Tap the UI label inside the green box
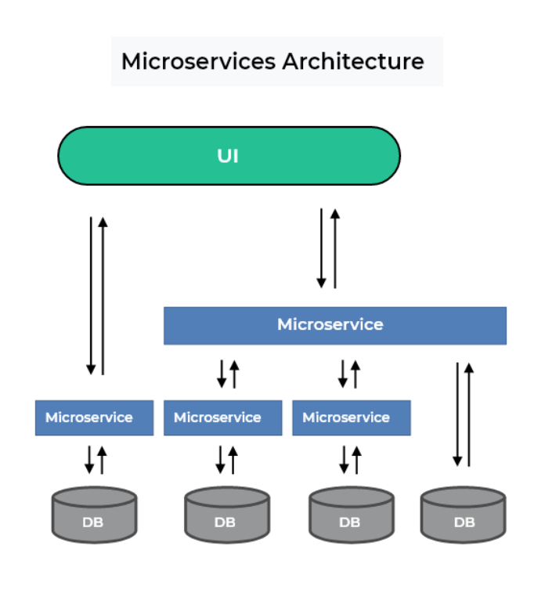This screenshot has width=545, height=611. [228, 156]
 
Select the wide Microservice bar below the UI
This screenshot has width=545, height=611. [334, 325]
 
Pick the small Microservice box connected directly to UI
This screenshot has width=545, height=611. [94, 418]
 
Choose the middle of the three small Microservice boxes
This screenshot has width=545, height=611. [222, 418]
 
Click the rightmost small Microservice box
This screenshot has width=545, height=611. [351, 418]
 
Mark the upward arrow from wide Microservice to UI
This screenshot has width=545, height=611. [334, 248]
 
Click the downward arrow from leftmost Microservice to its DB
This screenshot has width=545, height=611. [89, 460]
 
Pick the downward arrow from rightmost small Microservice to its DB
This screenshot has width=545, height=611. [344, 460]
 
